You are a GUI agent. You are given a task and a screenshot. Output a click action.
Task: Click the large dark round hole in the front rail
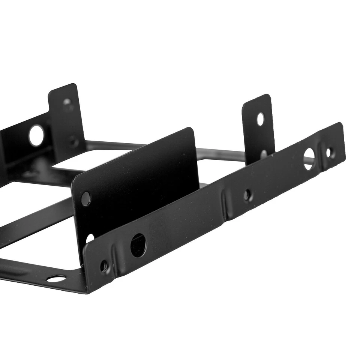click(138, 245)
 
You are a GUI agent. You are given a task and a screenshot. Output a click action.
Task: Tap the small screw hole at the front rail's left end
click(104, 267)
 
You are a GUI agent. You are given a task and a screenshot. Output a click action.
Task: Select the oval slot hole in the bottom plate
click(56, 279)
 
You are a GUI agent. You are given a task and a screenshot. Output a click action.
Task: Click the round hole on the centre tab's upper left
click(86, 198)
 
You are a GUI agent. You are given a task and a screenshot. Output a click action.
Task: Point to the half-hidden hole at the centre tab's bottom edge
click(90, 238)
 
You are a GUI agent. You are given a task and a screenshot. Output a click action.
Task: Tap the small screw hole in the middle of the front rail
click(247, 195)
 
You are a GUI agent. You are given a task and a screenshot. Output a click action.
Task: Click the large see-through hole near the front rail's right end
click(309, 159)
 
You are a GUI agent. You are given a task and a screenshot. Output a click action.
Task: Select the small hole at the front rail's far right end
click(328, 153)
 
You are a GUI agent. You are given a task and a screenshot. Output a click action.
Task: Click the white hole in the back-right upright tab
click(260, 119)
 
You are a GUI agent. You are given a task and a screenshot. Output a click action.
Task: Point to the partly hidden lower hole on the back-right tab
click(264, 153)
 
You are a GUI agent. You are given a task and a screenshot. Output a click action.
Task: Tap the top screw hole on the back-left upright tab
click(67, 102)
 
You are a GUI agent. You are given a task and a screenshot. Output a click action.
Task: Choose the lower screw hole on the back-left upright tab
click(73, 142)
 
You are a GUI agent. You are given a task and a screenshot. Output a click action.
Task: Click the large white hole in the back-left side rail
click(36, 136)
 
